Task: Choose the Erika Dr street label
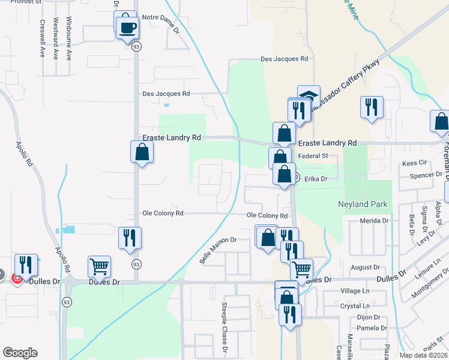coord(315,179)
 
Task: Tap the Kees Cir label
coord(414,163)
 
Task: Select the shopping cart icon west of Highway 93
coord(99,266)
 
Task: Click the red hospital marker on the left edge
coord(17,280)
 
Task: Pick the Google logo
coord(20,353)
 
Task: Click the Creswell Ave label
coord(43,39)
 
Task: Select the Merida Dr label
coord(375,221)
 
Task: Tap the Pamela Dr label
coord(372,328)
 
